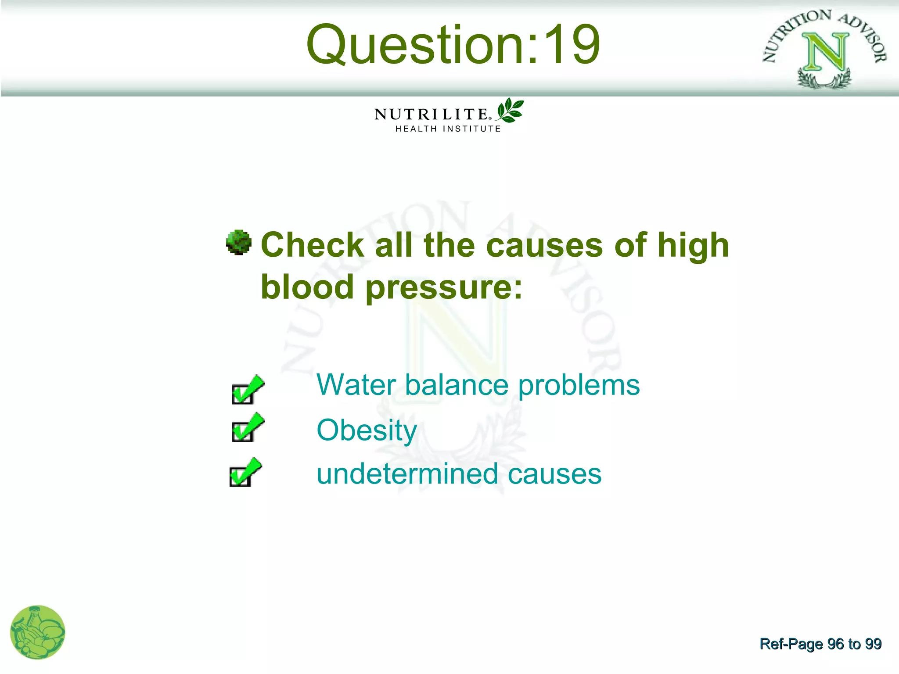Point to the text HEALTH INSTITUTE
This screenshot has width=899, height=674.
pos(448,129)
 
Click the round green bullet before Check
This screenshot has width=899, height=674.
pos(239,242)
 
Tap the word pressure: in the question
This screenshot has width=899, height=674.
pos(444,287)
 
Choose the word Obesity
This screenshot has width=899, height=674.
pos(367,430)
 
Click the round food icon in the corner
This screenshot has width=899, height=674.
pos(38,632)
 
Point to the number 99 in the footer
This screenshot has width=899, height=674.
pos(873,644)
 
